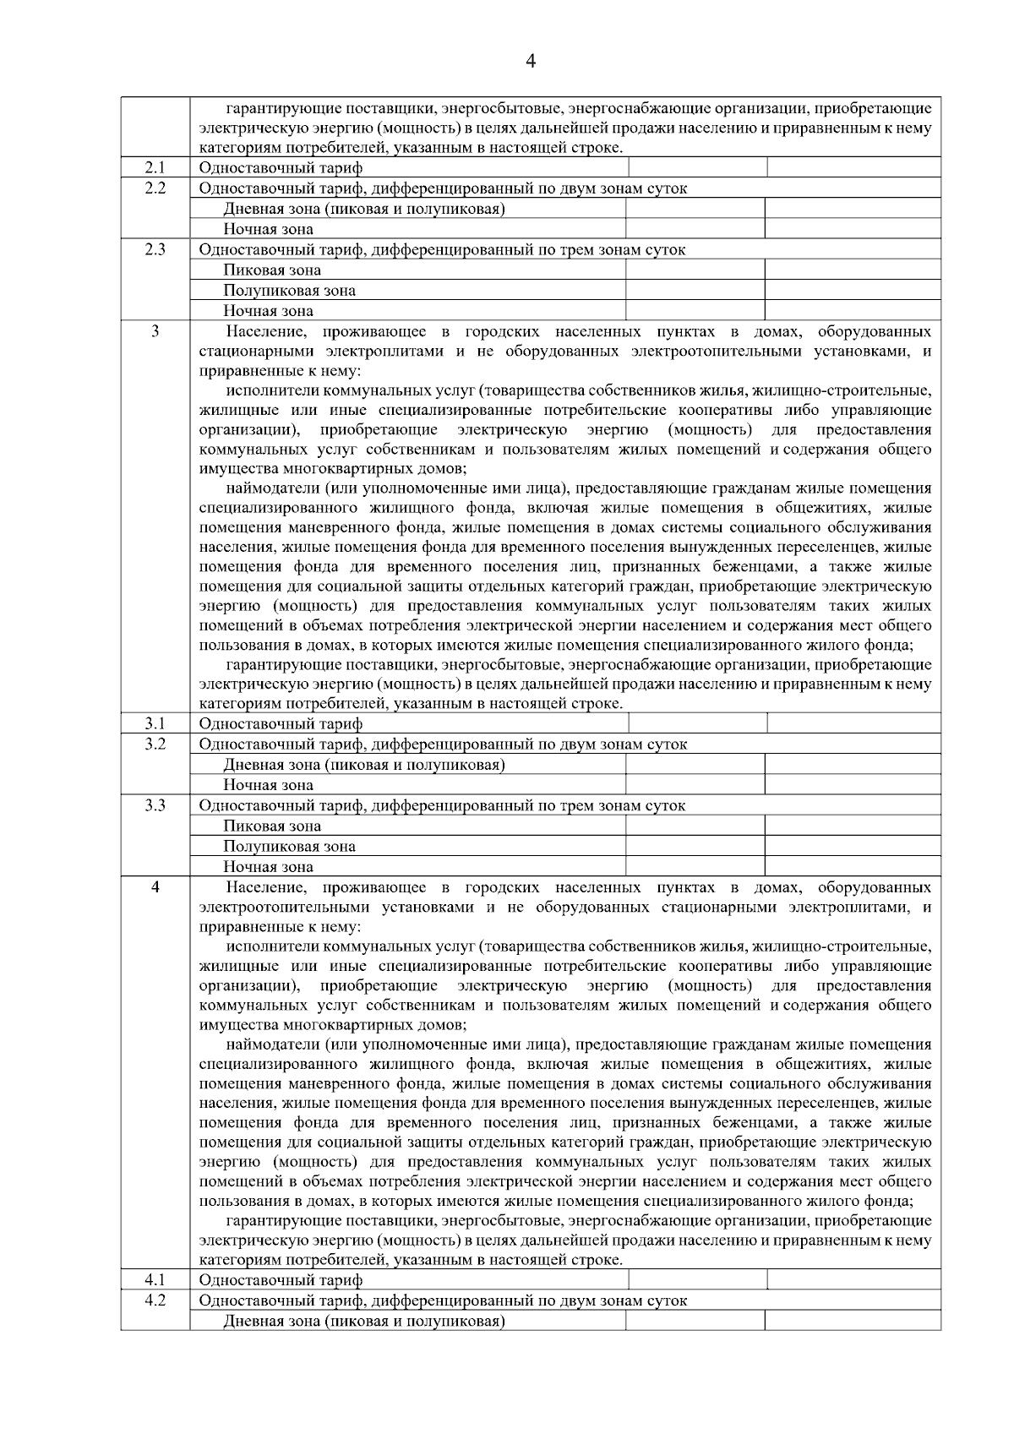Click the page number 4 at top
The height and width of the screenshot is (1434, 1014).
point(531,61)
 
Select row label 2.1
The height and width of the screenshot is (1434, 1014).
point(155,167)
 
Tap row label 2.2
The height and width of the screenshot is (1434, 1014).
point(155,188)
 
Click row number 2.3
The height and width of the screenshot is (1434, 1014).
point(155,249)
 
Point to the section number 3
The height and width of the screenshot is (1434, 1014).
point(155,331)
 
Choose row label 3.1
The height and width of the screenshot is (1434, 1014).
point(155,723)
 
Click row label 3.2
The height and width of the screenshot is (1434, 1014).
point(155,744)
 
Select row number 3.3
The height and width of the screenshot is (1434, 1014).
point(155,805)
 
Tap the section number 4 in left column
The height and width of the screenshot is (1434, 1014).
point(155,887)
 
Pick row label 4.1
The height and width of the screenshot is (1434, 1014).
point(155,1279)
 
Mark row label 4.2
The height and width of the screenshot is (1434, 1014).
point(155,1300)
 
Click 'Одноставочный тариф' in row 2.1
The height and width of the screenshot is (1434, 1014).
point(281,168)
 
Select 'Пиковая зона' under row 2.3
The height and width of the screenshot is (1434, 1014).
point(272,270)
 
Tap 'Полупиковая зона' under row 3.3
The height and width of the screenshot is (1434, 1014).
point(289,847)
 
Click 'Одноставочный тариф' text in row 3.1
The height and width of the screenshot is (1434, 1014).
point(281,724)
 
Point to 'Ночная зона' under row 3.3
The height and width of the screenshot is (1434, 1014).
point(268,867)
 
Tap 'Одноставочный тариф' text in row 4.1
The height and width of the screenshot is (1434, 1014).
point(281,1280)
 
